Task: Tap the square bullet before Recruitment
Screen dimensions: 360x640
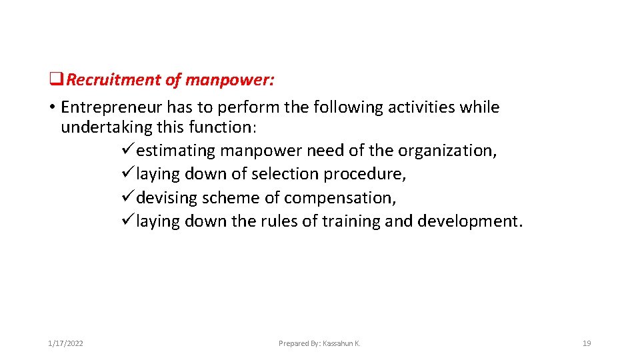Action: coord(56,80)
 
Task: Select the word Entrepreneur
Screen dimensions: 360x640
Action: coord(111,107)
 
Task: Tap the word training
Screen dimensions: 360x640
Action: coord(351,221)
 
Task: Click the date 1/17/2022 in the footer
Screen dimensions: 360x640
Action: coord(65,343)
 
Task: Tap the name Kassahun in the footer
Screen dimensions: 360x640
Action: coord(339,343)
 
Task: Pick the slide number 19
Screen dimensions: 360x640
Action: coord(587,343)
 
